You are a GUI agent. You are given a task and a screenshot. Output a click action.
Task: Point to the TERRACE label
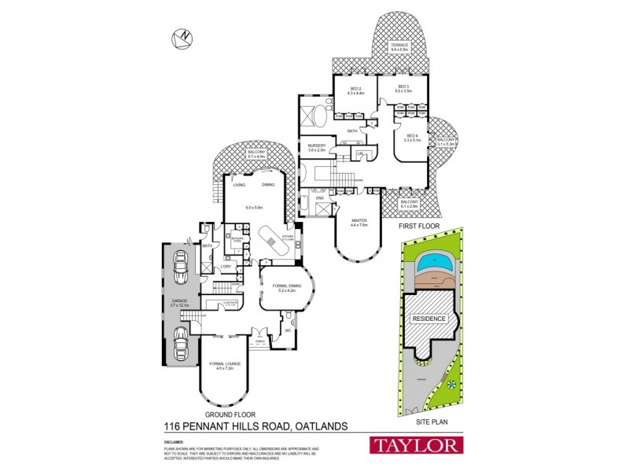point(401,46)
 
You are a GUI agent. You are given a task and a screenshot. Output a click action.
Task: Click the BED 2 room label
point(355,89)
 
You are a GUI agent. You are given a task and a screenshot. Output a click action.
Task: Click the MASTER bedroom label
point(359,223)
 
